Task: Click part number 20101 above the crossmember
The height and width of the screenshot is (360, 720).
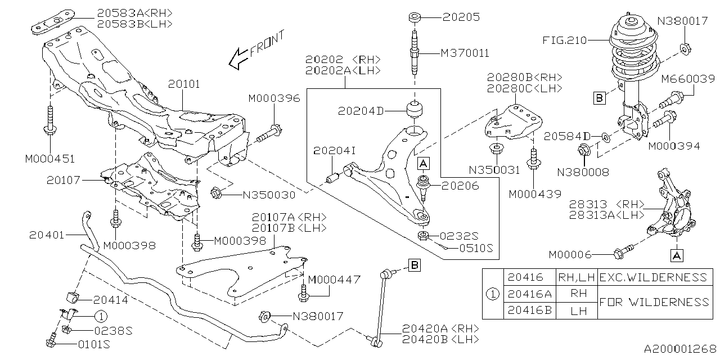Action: tap(184, 84)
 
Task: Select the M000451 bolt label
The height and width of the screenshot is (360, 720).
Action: tap(50, 159)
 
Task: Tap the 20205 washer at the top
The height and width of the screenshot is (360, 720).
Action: tap(415, 17)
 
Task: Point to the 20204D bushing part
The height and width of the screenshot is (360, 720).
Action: tap(415, 110)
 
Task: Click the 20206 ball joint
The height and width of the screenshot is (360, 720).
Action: tap(424, 187)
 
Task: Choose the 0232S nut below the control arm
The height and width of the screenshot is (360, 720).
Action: tap(423, 236)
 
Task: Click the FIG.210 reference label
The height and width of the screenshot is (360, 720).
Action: tap(564, 40)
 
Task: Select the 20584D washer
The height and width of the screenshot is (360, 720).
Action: tap(606, 137)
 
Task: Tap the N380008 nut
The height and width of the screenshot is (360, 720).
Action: tap(583, 150)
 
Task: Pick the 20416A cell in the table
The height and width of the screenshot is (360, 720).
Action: tap(529, 294)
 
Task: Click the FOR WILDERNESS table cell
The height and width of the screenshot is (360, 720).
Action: tap(655, 302)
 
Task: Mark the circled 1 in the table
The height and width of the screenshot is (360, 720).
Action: tap(492, 294)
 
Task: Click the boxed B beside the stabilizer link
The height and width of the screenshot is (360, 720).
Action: tap(415, 265)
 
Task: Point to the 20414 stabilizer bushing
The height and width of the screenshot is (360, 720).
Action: tap(73, 298)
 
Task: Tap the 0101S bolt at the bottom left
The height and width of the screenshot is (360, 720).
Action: tap(51, 341)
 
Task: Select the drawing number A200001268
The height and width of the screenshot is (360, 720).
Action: tap(680, 349)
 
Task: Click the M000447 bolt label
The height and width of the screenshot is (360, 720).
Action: tap(334, 280)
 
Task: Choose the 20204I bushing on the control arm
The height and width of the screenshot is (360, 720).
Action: tap(332, 178)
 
